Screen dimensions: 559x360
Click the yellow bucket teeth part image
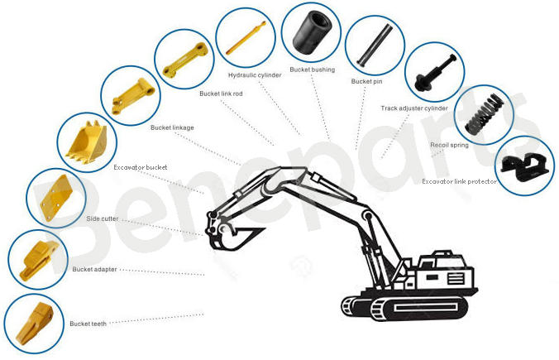[35, 323]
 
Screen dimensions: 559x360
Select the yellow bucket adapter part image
[38, 259]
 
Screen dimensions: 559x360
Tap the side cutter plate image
[55, 197]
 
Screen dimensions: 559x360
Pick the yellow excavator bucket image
[87, 142]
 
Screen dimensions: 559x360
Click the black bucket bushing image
[312, 31]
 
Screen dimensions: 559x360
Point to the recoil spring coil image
[485, 114]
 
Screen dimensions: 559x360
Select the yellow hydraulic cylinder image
[246, 37]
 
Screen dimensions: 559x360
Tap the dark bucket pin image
[375, 45]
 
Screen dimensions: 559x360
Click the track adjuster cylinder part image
[435, 73]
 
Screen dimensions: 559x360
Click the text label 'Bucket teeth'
[88, 324]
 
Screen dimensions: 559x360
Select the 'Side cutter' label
[103, 218]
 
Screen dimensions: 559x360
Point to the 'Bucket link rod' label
[221, 94]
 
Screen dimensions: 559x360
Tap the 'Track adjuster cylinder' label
[414, 108]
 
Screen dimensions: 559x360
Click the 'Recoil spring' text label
[449, 145]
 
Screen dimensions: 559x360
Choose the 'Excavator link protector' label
[459, 181]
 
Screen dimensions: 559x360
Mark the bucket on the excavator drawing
[233, 237]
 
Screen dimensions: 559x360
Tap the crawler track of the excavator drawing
[405, 307]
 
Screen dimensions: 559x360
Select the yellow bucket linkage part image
[133, 96]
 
